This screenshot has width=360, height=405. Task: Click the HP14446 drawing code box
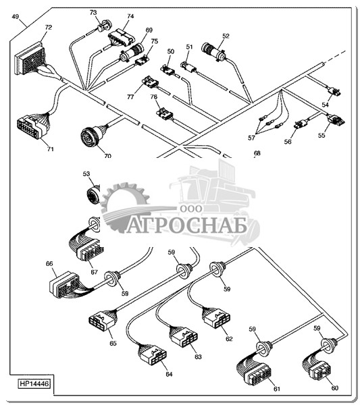pyautogui.click(x=34, y=383)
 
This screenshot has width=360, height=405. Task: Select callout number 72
pyautogui.click(x=49, y=27)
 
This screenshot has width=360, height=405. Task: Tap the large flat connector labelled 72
pyautogui.click(x=30, y=58)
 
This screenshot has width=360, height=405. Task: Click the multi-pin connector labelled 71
pyautogui.click(x=32, y=127)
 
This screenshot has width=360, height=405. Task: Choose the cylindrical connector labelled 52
pyautogui.click(x=213, y=52)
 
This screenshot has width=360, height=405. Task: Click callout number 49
pyautogui.click(x=16, y=16)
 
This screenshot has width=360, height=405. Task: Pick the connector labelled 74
pyautogui.click(x=122, y=37)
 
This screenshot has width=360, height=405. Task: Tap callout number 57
pyautogui.click(x=251, y=138)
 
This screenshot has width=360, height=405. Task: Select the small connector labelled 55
pyautogui.click(x=336, y=119)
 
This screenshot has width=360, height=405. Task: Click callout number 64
pyautogui.click(x=169, y=374)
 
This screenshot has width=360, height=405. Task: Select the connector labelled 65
pyautogui.click(x=102, y=320)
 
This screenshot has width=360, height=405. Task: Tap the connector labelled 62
pyautogui.click(x=217, y=317)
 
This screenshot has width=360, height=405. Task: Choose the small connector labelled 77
pyautogui.click(x=150, y=82)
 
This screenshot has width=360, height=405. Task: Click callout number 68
pyautogui.click(x=257, y=153)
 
